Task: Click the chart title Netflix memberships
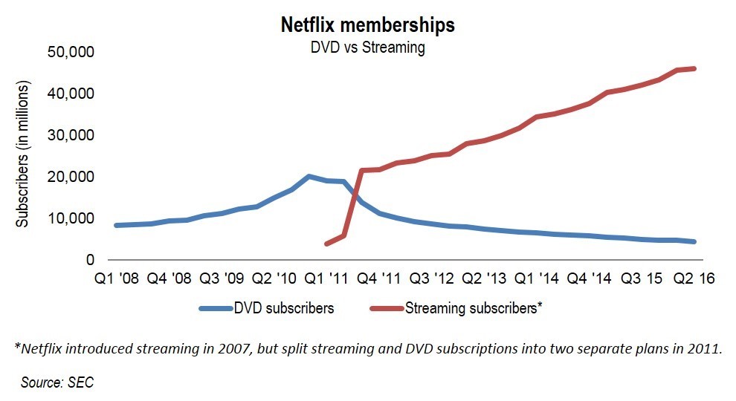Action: tap(367, 25)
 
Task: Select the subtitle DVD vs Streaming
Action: tap(367, 48)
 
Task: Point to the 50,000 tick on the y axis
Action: tap(72, 53)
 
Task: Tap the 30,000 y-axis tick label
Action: tap(72, 136)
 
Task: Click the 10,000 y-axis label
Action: tap(72, 219)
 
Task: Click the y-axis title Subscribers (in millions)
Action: tap(22, 154)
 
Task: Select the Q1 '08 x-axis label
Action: tap(116, 280)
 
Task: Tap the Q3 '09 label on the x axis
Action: tap(222, 280)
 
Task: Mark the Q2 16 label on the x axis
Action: tap(694, 280)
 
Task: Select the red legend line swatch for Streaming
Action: tap(384, 308)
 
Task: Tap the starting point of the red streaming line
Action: tap(327, 244)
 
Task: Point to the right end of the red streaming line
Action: tap(694, 69)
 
